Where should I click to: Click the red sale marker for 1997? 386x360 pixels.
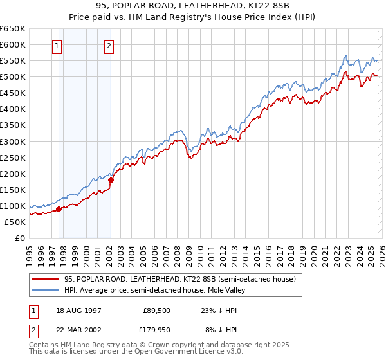point(59,209)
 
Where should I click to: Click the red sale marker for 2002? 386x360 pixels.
point(111,181)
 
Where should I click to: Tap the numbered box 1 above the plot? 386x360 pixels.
point(58,46)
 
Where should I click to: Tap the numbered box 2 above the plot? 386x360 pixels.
point(109,46)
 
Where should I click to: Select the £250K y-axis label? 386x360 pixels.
point(13,157)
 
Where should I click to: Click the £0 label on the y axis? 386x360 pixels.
point(19,238)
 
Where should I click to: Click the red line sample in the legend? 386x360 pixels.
point(46,280)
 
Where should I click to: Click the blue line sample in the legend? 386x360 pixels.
point(46,291)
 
